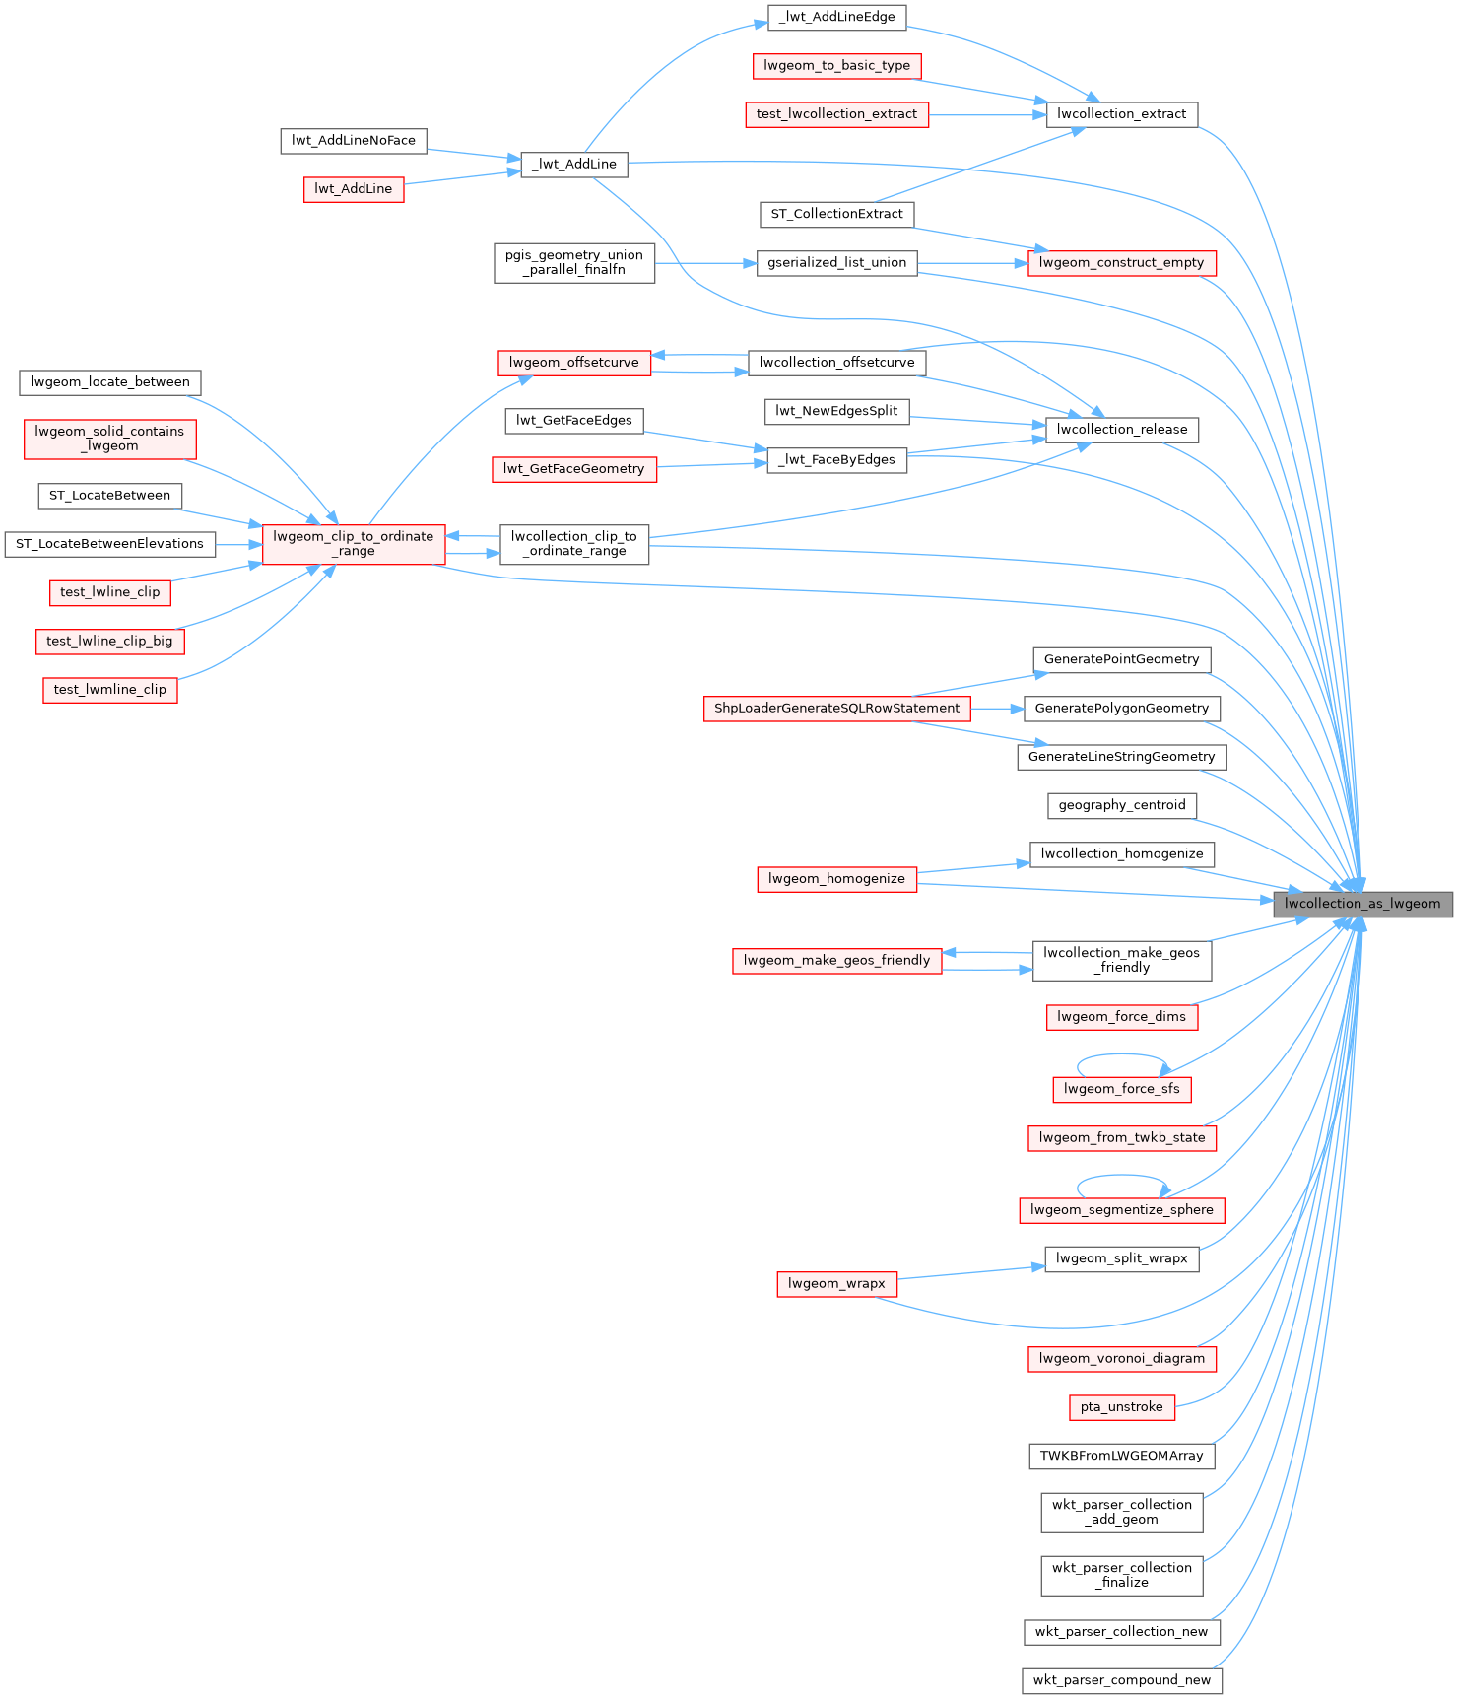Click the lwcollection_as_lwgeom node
click(x=1362, y=904)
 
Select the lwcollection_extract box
click(x=1121, y=114)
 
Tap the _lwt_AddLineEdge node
click(x=836, y=17)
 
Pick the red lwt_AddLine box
click(x=354, y=189)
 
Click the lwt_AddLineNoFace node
click(x=354, y=141)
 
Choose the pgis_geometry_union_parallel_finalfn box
click(x=574, y=263)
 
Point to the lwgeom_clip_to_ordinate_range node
click(x=354, y=544)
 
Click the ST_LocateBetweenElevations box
click(x=109, y=544)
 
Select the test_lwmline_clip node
click(x=110, y=690)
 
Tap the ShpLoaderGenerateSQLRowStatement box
click(x=836, y=709)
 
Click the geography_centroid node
click(x=1121, y=805)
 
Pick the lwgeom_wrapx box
click(x=836, y=1284)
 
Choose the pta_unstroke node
click(x=1121, y=1407)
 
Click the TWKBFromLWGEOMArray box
click(x=1121, y=1456)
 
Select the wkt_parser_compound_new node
click(x=1121, y=1680)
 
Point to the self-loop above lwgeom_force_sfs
click(x=1121, y=1055)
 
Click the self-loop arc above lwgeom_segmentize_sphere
click(x=1121, y=1176)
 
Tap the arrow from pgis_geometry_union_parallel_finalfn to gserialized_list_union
click(x=705, y=263)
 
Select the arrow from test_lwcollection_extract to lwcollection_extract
click(x=985, y=114)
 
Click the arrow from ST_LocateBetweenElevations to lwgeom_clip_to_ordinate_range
click(x=239, y=544)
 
